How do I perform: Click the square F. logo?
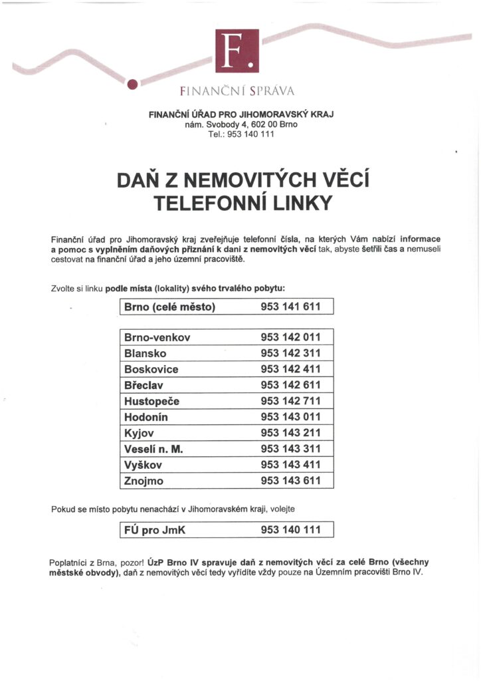[237, 51]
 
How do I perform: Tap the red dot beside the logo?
[132, 84]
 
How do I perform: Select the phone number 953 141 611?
[290, 307]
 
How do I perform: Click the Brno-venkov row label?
[157, 337]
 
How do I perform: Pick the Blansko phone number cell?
[290, 353]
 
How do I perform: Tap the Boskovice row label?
[151, 369]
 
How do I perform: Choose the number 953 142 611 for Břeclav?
[290, 385]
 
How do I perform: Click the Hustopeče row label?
[151, 401]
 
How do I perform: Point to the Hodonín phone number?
[290, 417]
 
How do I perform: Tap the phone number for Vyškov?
[290, 465]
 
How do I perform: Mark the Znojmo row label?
[144, 481]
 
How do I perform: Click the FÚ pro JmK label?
[156, 530]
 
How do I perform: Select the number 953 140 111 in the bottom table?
[290, 530]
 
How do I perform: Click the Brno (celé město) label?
[170, 307]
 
